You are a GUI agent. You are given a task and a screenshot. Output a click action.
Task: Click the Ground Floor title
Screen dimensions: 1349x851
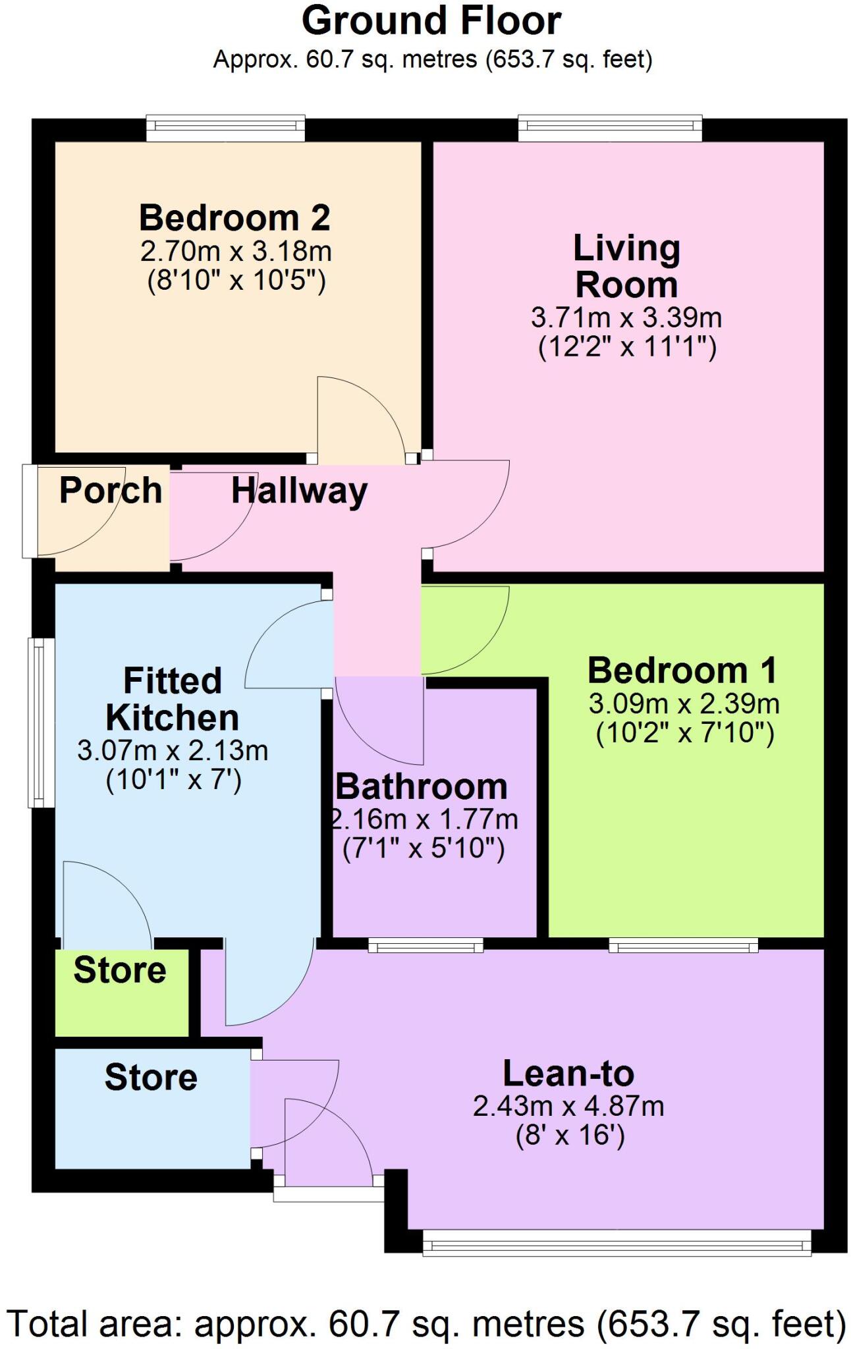click(431, 21)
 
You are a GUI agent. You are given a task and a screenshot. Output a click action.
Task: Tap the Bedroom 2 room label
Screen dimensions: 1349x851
click(234, 218)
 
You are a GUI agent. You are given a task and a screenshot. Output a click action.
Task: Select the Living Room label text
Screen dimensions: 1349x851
click(626, 267)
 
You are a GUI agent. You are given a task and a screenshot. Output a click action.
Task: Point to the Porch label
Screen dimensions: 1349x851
click(111, 491)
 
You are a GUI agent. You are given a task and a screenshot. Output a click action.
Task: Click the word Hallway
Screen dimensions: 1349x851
click(299, 491)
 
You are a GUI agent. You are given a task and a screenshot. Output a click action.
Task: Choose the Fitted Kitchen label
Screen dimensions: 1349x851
click(173, 700)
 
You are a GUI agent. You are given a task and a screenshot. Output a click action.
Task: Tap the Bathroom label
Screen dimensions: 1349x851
click(422, 787)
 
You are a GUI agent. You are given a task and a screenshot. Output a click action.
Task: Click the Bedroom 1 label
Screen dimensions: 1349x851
click(682, 671)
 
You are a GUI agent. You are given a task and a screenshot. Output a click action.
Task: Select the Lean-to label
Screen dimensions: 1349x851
click(568, 1074)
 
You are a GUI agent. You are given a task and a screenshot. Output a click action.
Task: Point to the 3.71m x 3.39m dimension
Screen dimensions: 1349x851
click(626, 319)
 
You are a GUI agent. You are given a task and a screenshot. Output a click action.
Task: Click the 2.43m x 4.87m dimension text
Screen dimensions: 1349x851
click(568, 1107)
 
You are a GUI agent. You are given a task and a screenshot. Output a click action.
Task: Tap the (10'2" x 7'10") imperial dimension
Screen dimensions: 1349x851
click(685, 733)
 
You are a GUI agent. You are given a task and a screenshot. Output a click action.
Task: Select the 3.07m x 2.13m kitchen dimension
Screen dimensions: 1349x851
click(173, 751)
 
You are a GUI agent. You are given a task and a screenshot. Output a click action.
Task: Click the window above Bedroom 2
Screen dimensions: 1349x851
click(225, 128)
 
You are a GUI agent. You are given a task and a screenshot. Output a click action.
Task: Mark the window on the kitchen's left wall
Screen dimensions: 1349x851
click(41, 723)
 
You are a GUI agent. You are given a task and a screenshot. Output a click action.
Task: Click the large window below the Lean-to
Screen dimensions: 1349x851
click(617, 1244)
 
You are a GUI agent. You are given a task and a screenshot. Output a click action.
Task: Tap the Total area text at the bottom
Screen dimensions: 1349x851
click(425, 1323)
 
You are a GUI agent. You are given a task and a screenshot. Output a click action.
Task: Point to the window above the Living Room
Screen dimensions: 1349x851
click(610, 128)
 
